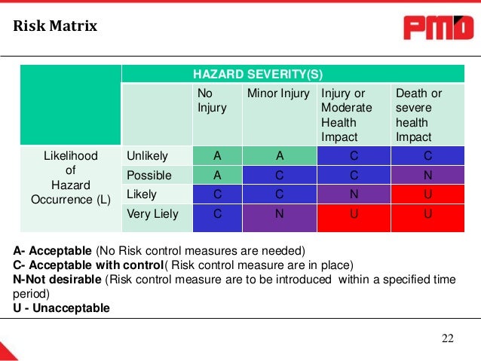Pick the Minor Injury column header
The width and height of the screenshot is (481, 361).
[278, 93]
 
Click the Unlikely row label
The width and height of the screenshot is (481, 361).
[148, 156]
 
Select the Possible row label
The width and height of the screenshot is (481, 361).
[149, 176]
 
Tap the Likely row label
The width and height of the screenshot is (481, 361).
[142, 194]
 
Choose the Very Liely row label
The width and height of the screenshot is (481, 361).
[153, 214]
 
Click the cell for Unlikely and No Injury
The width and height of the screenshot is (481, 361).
[217, 156]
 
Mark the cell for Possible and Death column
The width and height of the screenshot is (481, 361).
[428, 176]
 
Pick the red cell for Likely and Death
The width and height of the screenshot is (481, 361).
[428, 194]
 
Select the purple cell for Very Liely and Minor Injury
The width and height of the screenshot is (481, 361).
[279, 214]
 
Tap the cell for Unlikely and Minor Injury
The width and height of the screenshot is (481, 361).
[279, 156]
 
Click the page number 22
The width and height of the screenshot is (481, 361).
[448, 338]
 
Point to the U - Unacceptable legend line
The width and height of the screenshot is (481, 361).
[61, 308]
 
